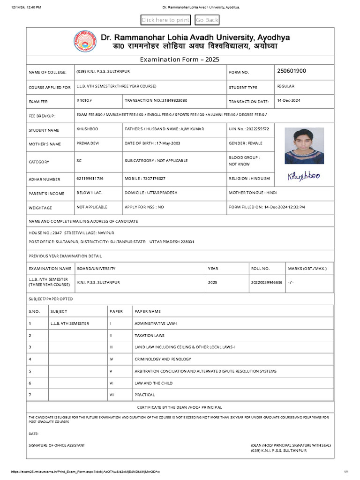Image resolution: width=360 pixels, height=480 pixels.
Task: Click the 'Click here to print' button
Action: pyautogui.click(x=165, y=20)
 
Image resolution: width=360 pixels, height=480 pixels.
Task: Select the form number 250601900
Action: pyautogui.click(x=292, y=71)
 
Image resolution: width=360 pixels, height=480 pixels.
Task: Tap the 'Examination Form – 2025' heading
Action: pyautogui.click(x=180, y=60)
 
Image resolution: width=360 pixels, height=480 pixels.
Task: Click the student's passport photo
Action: pyautogui.click(x=304, y=146)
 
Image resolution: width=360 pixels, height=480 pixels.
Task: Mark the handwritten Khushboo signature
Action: pyautogui.click(x=302, y=176)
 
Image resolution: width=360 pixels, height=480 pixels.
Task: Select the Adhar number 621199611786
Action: pyautogui.click(x=90, y=179)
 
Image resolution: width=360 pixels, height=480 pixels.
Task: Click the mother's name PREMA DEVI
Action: pyautogui.click(x=88, y=143)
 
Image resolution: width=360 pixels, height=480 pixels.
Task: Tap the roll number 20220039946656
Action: pyautogui.click(x=267, y=283)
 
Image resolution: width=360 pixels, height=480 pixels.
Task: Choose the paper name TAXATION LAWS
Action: pyautogui.click(x=150, y=336)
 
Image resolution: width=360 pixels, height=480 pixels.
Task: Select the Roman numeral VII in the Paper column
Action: pyautogui.click(x=112, y=395)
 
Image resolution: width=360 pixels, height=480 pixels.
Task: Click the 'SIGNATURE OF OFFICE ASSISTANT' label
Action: pyautogui.click(x=57, y=445)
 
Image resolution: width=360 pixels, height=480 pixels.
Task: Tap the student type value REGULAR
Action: pyautogui.click(x=285, y=86)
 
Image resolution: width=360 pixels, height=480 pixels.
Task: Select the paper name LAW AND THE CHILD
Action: pyautogui.click(x=153, y=383)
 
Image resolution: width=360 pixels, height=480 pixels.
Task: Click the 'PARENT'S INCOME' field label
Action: pyautogui.click(x=47, y=194)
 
